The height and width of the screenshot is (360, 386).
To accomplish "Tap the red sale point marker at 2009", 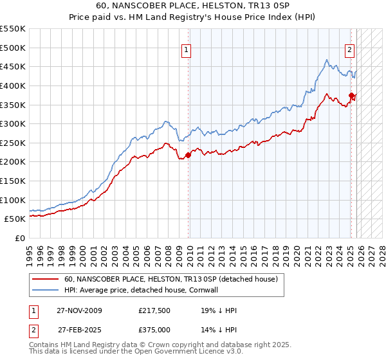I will click(x=188, y=155).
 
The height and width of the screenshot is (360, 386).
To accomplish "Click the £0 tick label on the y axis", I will click(x=19, y=238).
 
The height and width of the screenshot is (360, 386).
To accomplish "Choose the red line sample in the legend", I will click(x=46, y=279).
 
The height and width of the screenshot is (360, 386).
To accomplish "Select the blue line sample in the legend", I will click(x=46, y=290).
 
